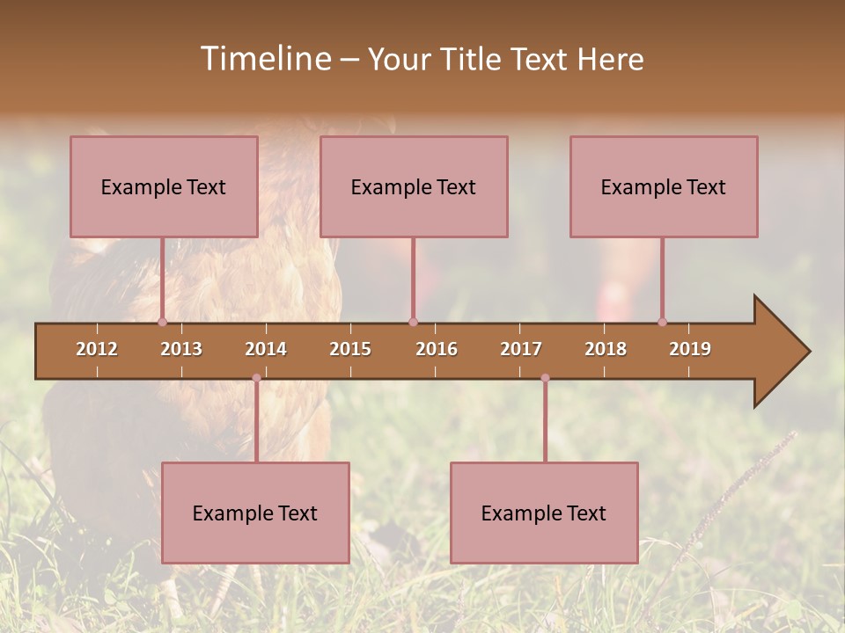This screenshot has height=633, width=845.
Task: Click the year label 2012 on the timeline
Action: pyautogui.click(x=97, y=349)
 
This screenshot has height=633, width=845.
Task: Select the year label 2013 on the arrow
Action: pyautogui.click(x=181, y=349)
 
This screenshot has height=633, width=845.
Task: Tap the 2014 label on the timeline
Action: pyautogui.click(x=266, y=349)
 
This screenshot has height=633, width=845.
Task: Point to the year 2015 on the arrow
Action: pyautogui.click(x=350, y=349)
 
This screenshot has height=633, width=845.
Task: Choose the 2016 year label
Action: pyautogui.click(x=437, y=349)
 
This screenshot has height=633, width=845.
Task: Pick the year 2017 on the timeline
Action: pyautogui.click(x=521, y=349)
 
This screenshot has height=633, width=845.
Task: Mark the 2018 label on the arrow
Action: pyautogui.click(x=606, y=349)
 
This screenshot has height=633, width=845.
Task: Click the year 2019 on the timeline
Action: pyautogui.click(x=690, y=349)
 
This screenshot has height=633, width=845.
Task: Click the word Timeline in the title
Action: pyautogui.click(x=264, y=59)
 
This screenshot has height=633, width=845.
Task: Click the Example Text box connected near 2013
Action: pyautogui.click(x=164, y=186)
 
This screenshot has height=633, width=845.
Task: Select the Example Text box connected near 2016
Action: pyautogui.click(x=414, y=186)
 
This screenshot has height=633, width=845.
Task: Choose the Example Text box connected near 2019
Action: pyautogui.click(x=664, y=186)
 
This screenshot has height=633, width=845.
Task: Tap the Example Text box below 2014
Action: pyautogui.click(x=255, y=513)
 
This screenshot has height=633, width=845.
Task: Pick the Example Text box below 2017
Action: pyautogui.click(x=544, y=513)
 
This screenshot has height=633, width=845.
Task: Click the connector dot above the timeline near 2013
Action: pyautogui.click(x=162, y=322)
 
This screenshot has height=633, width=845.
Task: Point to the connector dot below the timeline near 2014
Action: pyautogui.click(x=256, y=378)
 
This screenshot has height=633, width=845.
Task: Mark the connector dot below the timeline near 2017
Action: pyautogui.click(x=545, y=378)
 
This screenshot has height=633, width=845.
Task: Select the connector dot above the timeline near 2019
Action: pyautogui.click(x=662, y=322)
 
